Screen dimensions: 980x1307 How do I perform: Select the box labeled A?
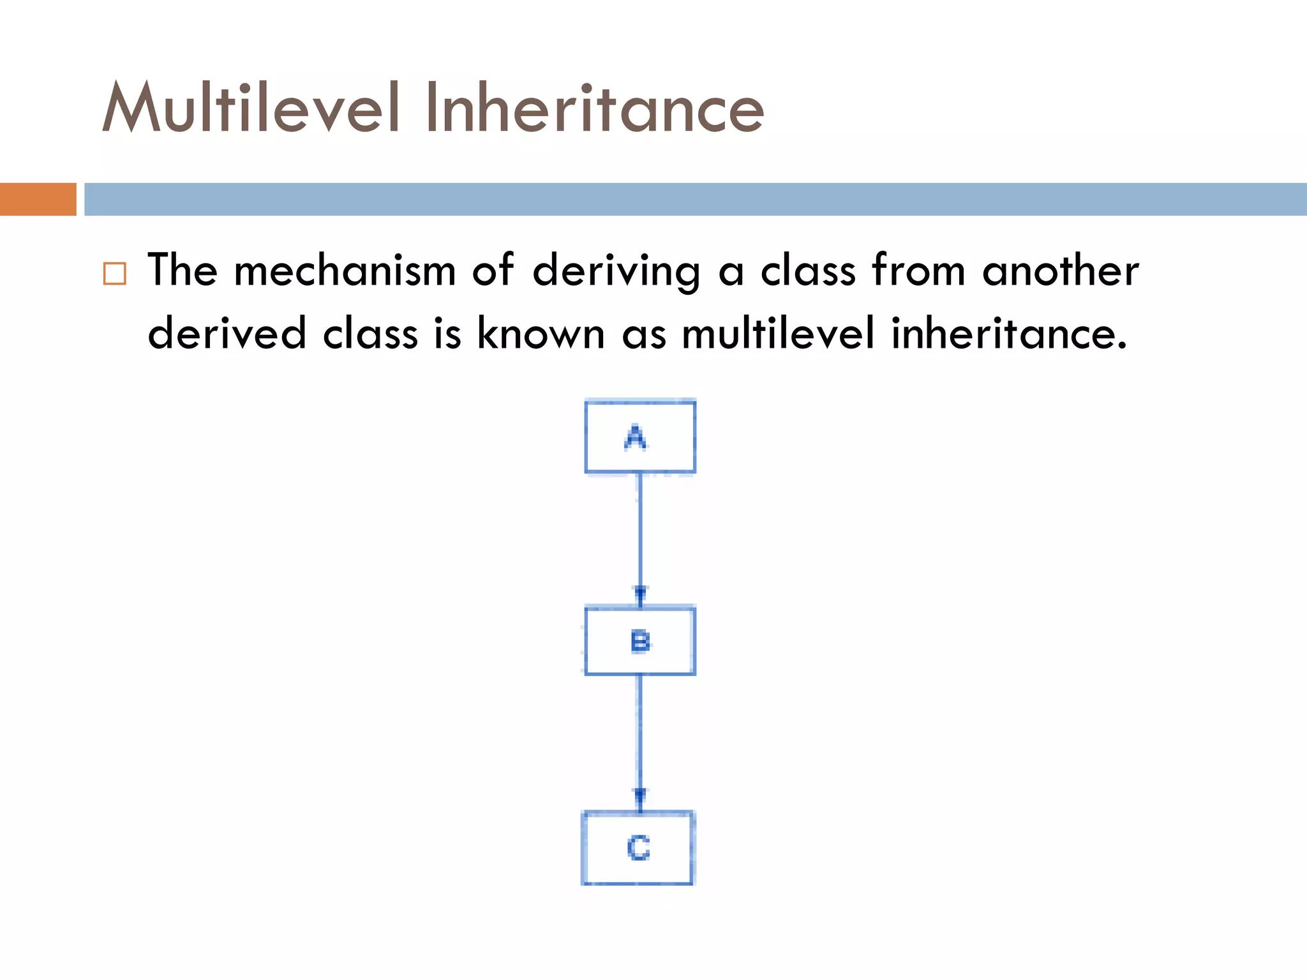(639, 437)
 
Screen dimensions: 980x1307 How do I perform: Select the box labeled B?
(639, 641)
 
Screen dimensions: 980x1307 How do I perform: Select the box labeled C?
(638, 848)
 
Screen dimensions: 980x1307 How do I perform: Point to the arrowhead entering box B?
(640, 595)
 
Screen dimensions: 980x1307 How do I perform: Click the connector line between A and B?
(640, 530)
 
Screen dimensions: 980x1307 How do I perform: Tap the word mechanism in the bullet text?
(345, 271)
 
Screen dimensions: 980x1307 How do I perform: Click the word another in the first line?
(1060, 271)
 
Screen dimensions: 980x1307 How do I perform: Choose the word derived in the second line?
(227, 333)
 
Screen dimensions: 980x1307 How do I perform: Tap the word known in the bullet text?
(541, 333)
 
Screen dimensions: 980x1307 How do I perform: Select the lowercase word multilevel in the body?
(778, 333)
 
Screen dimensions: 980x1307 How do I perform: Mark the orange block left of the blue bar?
(38, 199)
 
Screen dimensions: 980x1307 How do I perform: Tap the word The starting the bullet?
(183, 271)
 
